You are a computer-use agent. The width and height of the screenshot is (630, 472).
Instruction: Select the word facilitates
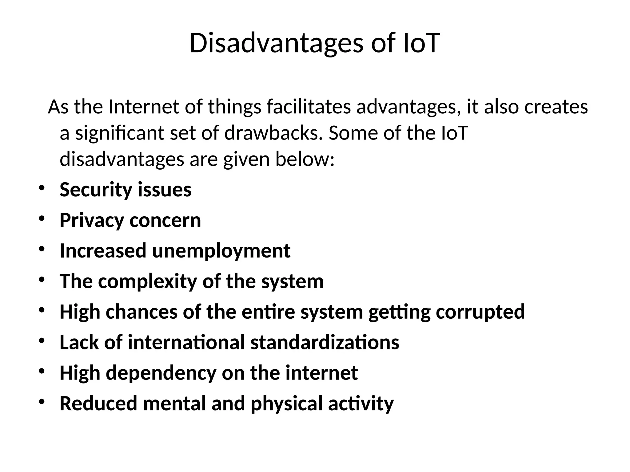[309, 107]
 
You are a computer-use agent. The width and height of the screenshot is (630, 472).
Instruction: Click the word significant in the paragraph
[120, 133]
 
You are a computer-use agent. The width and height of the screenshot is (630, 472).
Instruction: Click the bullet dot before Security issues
[42, 187]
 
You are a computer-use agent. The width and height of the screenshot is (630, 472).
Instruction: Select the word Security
[96, 190]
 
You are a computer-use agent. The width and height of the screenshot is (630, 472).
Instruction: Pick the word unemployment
[221, 251]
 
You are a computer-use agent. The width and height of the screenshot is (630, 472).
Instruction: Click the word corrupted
[480, 312]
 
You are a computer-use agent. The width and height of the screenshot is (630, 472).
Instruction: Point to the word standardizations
[325, 342]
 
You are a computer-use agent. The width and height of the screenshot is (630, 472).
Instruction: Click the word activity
[361, 403]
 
